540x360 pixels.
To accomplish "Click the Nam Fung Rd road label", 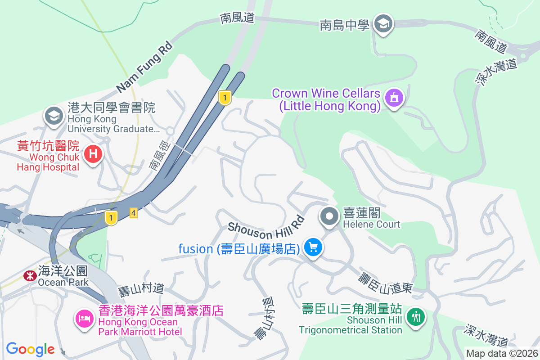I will click(x=144, y=66).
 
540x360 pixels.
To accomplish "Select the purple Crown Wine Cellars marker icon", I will click(x=394, y=98).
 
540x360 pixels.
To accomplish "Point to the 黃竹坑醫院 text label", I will click(x=48, y=146).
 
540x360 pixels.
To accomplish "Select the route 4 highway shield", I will click(x=133, y=213).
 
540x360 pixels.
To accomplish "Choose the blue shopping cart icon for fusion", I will click(x=313, y=247).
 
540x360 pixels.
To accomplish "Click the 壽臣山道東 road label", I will click(x=385, y=283).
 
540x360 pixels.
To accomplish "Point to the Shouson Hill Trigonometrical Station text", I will click(x=351, y=319).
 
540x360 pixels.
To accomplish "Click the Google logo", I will click(x=30, y=349).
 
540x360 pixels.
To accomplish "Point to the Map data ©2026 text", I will click(x=502, y=353).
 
